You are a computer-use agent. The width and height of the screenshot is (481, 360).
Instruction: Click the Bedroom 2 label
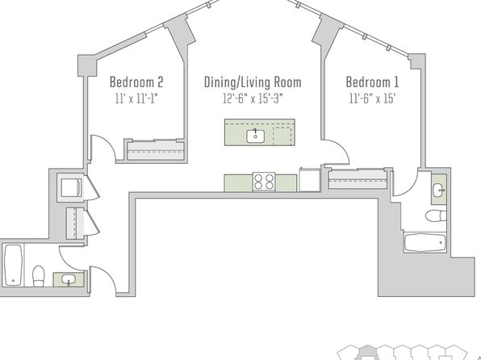[x=136, y=82]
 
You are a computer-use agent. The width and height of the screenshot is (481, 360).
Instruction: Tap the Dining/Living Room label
[x=253, y=82]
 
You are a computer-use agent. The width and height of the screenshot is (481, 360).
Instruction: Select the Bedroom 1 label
[x=372, y=82]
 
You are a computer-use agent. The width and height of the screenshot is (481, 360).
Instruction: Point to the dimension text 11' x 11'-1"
[x=136, y=98]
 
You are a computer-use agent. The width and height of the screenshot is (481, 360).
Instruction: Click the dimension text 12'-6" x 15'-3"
[x=253, y=98]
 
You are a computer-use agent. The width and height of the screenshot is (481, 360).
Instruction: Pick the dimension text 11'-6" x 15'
[x=372, y=98]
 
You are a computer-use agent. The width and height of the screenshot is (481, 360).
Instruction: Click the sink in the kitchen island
[x=256, y=136]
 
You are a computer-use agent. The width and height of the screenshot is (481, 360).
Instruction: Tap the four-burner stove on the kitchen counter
[x=264, y=182]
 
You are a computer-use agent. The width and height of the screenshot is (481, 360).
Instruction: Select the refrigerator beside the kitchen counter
[x=310, y=179]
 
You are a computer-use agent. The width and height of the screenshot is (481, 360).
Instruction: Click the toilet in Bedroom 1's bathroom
[x=436, y=216]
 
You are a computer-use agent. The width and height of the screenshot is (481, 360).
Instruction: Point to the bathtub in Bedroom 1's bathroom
[x=425, y=243]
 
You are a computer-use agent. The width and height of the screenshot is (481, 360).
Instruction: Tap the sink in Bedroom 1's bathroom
[x=439, y=190]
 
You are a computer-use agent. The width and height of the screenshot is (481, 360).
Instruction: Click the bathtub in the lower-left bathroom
[x=14, y=265]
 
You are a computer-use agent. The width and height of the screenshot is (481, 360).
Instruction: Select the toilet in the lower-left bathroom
[x=39, y=276]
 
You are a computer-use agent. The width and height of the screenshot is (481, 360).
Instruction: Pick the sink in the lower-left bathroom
[x=69, y=279]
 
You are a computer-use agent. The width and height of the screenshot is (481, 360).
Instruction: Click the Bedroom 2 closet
[x=156, y=150]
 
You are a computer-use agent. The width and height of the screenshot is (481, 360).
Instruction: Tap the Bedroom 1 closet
[x=358, y=179]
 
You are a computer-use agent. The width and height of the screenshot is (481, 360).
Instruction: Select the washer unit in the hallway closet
[x=71, y=187]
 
